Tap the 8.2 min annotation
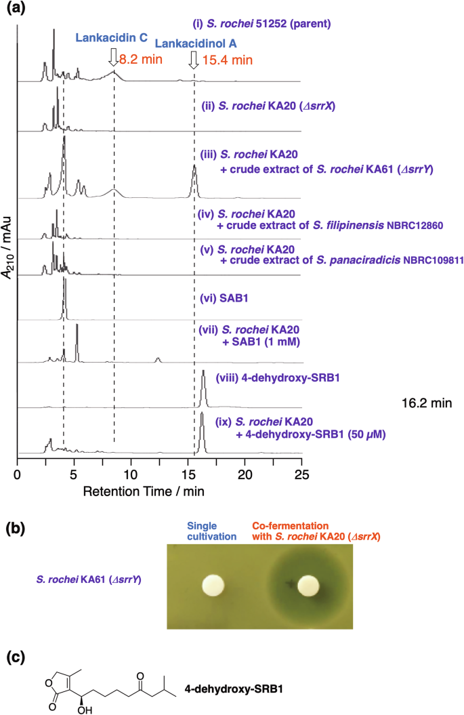(x=140, y=60)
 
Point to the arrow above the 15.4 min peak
(x=194, y=60)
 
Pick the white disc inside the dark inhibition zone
(x=309, y=584)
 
